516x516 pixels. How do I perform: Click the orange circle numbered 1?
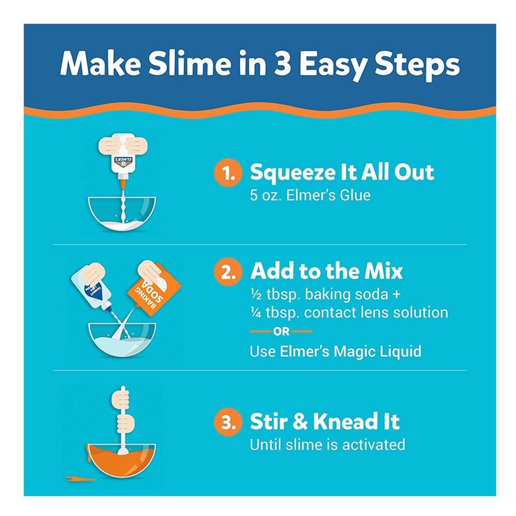tap(228, 173)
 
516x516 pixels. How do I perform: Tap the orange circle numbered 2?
tap(228, 272)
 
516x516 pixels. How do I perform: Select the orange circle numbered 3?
tap(228, 422)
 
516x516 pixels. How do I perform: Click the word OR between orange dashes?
tap(281, 332)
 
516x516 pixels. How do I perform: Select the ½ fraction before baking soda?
tap(255, 294)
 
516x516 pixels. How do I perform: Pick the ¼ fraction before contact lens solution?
tap(255, 313)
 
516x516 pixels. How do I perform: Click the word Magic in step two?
tap(354, 352)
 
